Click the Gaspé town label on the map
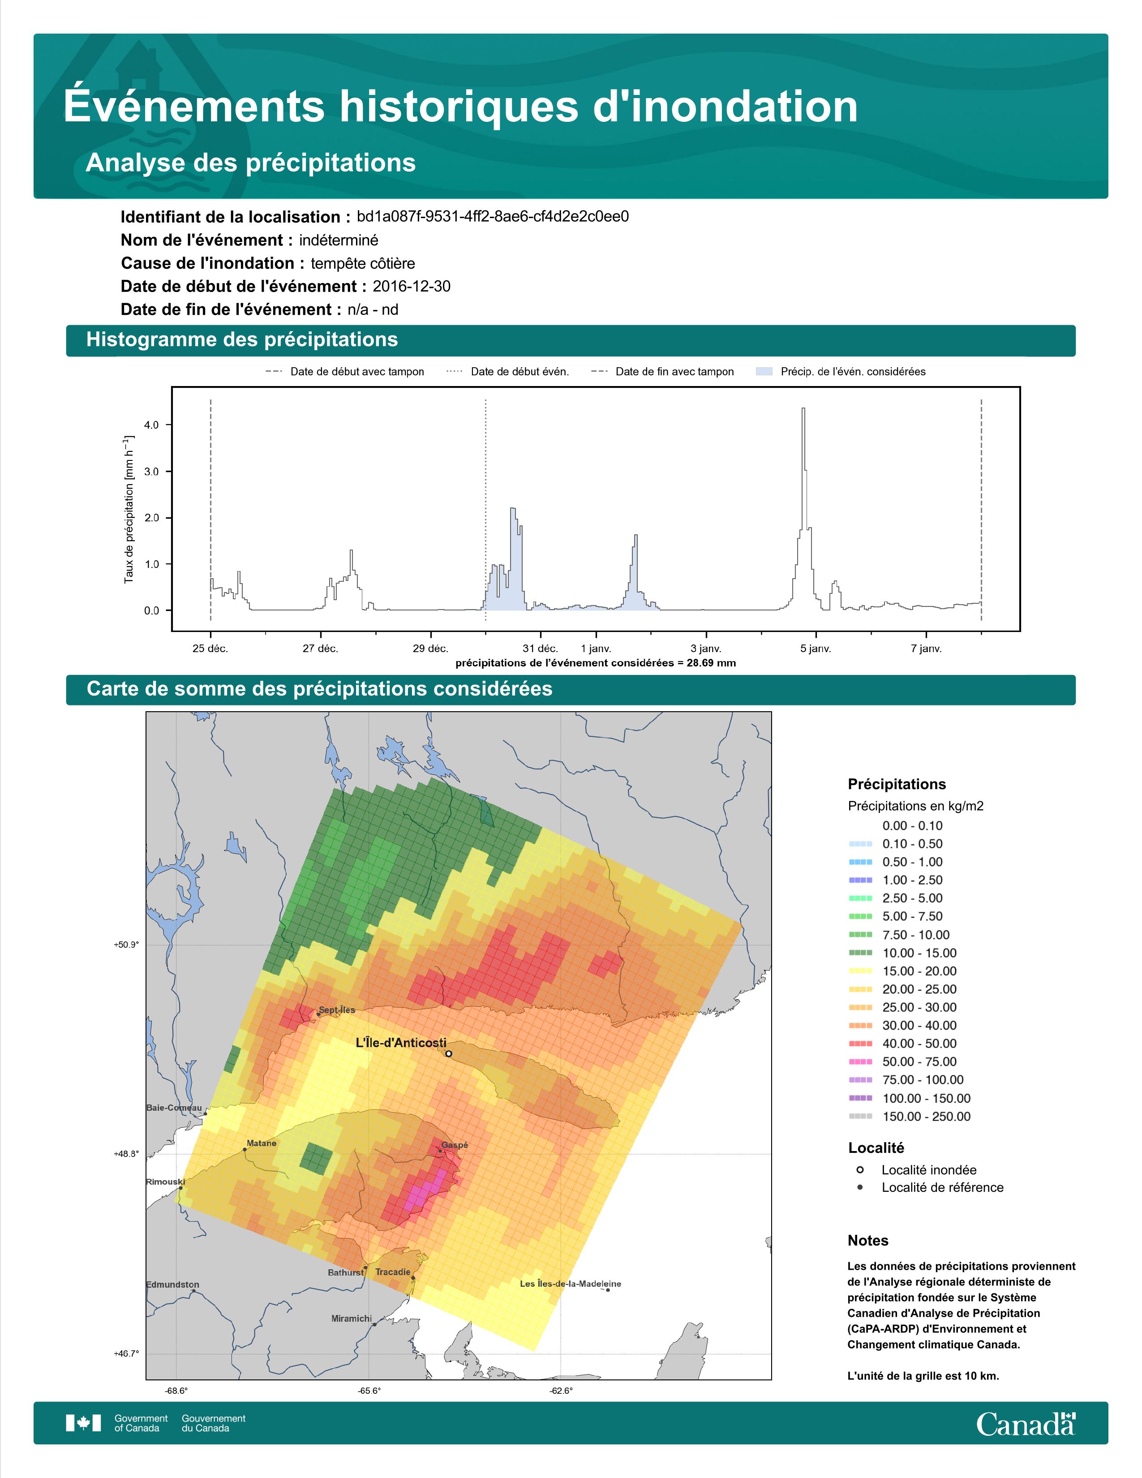455,1145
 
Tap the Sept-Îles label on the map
337,1010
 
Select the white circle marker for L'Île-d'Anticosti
449,1054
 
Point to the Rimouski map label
166,1182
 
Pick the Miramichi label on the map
352,1318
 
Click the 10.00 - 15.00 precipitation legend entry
902,953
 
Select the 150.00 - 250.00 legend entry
909,1117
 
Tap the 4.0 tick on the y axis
151,425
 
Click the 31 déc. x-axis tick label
541,649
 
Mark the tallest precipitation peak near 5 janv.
803,409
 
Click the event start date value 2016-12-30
411,286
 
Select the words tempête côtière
363,263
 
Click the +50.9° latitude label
126,945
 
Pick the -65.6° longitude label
369,1391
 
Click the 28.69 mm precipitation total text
711,663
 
